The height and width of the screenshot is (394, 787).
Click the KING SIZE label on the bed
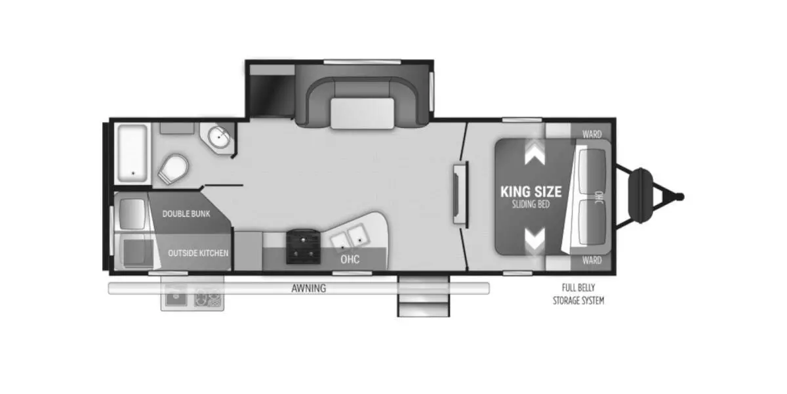point(531,192)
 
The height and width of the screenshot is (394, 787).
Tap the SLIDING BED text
point(531,204)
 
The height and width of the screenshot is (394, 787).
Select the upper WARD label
point(592,134)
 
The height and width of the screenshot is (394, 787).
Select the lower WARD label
point(592,260)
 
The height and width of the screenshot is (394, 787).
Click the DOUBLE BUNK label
point(186,213)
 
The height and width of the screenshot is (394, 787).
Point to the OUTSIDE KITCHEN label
point(198,253)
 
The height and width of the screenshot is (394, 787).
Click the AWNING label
point(309,288)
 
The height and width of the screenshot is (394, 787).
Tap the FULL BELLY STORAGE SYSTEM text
point(578,294)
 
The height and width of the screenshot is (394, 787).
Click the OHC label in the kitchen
point(350,259)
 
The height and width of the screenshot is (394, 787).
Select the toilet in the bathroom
point(173,169)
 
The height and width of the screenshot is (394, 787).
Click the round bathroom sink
point(219,137)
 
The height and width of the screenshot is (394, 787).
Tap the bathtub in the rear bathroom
point(132,153)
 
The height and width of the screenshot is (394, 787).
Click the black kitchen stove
point(303,247)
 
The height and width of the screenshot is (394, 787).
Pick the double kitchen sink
point(350,236)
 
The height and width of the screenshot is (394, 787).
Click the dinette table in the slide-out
point(362,114)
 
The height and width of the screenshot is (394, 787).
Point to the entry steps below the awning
point(424,296)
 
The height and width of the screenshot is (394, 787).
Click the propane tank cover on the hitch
point(641,196)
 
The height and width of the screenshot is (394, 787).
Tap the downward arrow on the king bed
point(535,239)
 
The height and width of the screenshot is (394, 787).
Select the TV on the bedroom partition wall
point(460,194)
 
